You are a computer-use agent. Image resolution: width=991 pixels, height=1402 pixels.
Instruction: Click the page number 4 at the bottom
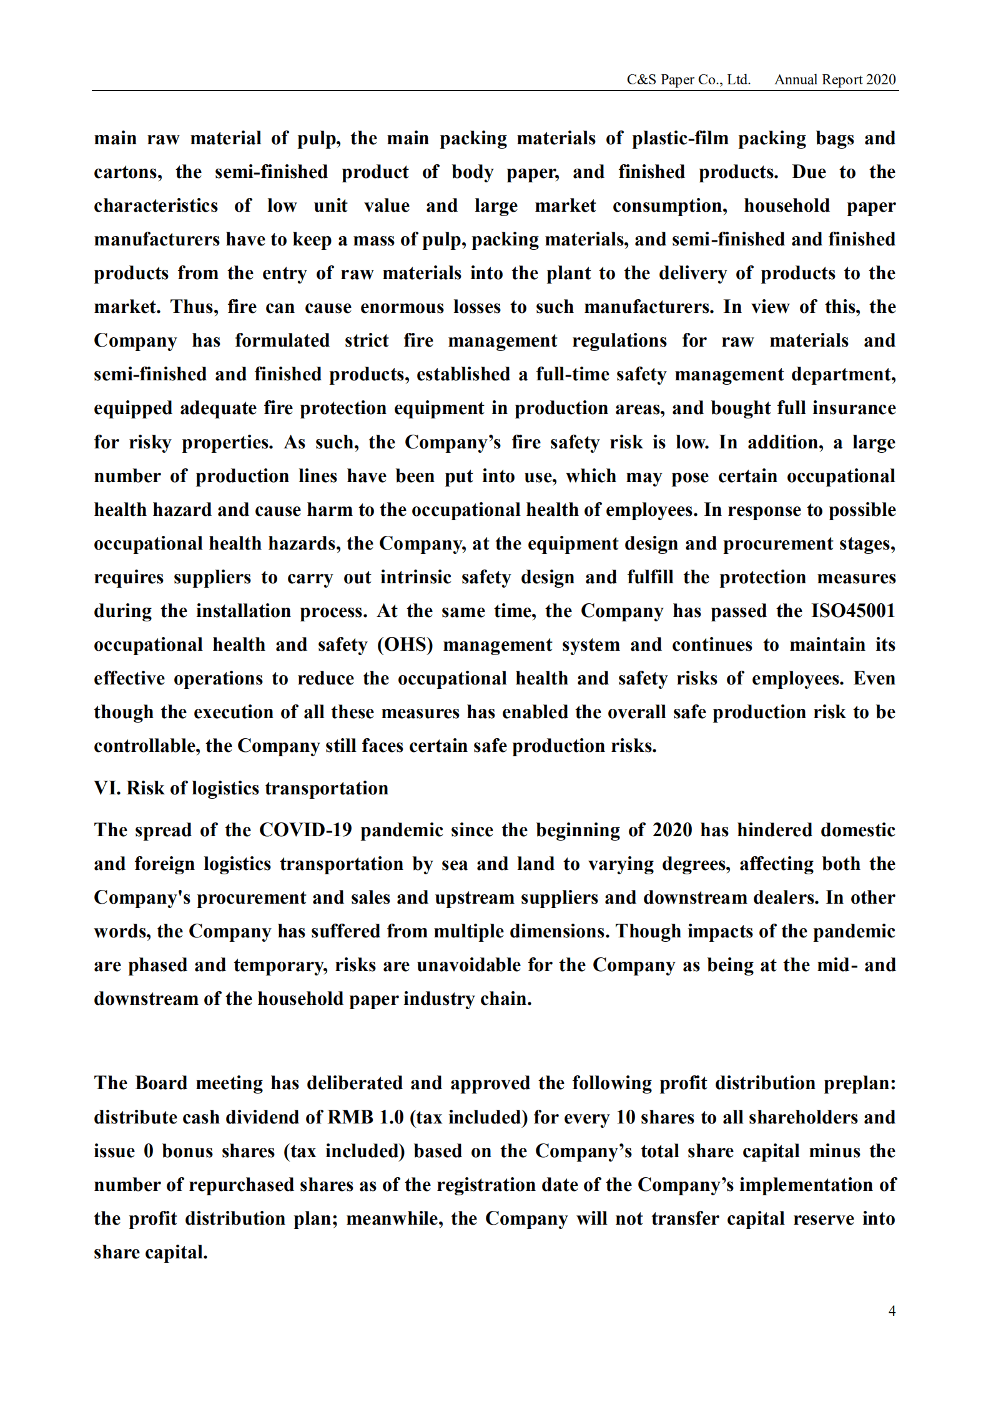(892, 1310)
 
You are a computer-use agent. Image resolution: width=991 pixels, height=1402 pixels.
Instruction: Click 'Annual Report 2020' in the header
(835, 79)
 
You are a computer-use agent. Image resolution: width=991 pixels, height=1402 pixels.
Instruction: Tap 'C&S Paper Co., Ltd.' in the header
(688, 79)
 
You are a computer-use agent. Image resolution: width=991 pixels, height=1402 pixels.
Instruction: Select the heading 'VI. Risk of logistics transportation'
(241, 788)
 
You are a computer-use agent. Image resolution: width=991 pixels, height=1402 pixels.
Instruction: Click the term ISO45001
(853, 610)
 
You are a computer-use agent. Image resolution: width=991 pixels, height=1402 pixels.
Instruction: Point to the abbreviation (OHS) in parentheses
(405, 644)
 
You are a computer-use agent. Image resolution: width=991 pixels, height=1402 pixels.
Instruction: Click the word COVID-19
(305, 830)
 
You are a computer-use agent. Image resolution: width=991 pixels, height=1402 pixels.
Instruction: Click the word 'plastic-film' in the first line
(680, 138)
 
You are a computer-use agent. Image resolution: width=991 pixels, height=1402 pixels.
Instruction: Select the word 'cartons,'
(128, 172)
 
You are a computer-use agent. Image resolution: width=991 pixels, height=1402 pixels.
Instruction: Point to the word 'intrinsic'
(415, 576)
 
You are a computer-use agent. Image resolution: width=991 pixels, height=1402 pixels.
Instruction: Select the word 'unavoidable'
(468, 965)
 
